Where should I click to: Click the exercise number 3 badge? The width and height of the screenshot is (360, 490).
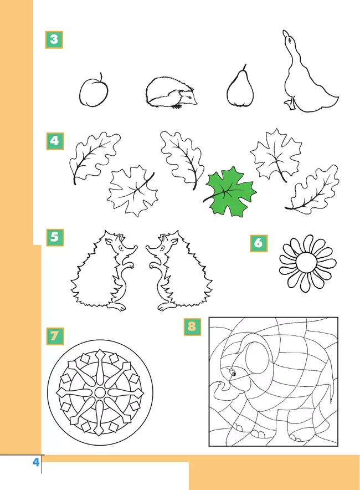click(x=54, y=40)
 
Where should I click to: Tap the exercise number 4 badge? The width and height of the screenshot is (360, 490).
click(x=55, y=141)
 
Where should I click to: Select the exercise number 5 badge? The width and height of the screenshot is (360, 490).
click(x=55, y=237)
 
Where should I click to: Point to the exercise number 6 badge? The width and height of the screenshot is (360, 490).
click(x=259, y=243)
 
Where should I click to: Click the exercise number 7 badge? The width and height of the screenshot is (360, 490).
click(x=55, y=336)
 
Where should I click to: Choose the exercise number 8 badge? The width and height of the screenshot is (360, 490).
click(x=192, y=327)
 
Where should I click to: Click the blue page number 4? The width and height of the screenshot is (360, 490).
click(x=36, y=462)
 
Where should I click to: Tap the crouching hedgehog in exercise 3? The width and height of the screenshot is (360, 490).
click(x=171, y=93)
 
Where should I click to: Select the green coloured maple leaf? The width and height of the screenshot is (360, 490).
click(x=230, y=192)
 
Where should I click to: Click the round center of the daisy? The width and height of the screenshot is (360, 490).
click(x=306, y=263)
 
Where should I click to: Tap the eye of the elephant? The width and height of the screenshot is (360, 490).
click(x=233, y=373)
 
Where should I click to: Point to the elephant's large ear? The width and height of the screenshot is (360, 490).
click(x=258, y=359)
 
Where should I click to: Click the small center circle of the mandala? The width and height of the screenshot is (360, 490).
click(x=100, y=392)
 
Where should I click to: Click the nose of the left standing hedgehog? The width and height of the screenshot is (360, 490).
click(x=136, y=247)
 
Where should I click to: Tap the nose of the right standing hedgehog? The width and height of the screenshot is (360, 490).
click(x=147, y=248)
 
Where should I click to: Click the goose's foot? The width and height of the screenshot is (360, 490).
click(x=290, y=104)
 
